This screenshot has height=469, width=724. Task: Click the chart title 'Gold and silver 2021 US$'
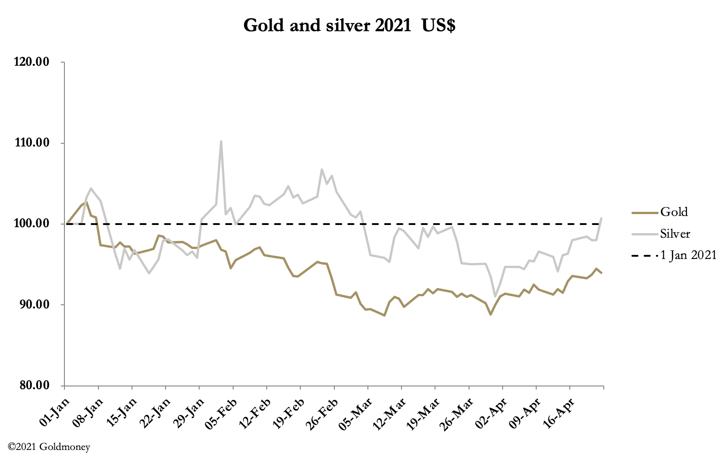(349, 25)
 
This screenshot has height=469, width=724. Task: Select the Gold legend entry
(674, 212)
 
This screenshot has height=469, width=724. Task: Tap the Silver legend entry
(675, 234)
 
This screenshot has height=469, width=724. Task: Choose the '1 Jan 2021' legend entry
(688, 255)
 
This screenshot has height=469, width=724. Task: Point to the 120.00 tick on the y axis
(31, 62)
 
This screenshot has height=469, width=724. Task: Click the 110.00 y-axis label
(31, 143)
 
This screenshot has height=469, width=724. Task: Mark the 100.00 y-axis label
(31, 224)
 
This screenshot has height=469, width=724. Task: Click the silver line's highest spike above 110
(221, 141)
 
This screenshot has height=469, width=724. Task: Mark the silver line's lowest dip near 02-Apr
(495, 296)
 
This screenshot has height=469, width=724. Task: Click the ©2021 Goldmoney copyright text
(49, 447)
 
